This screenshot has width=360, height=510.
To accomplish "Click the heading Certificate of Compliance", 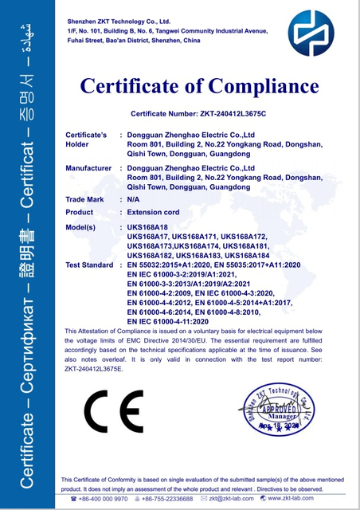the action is (199, 85).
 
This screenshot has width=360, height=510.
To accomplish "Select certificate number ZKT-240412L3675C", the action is (227, 114).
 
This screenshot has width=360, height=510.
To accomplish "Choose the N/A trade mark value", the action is (134, 198).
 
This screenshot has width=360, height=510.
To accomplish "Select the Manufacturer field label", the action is (88, 168).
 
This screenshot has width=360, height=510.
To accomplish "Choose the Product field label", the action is (79, 213).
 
